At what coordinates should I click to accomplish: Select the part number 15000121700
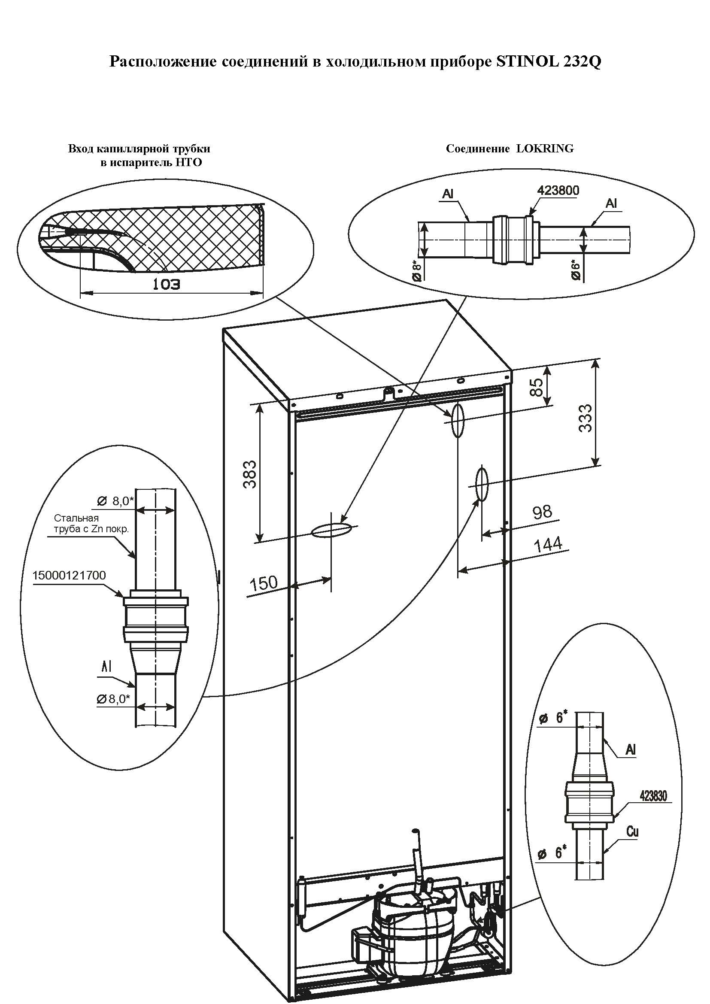(x=69, y=575)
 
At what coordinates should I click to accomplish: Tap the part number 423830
(x=654, y=796)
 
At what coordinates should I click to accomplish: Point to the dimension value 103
(x=166, y=285)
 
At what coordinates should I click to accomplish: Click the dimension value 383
(x=249, y=474)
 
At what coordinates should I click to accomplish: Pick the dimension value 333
(x=585, y=419)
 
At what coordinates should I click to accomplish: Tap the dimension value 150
(x=264, y=583)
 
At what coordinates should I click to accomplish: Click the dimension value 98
(x=542, y=512)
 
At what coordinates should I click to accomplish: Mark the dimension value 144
(x=548, y=544)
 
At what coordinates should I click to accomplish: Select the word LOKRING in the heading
(x=545, y=149)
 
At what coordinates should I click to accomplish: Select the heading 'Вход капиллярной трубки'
(x=139, y=149)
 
